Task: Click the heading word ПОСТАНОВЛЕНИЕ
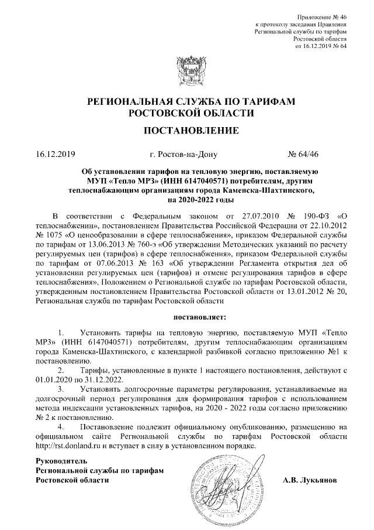click(187, 130)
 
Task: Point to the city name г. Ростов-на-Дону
click(183, 155)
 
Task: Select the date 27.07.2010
click(232, 218)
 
